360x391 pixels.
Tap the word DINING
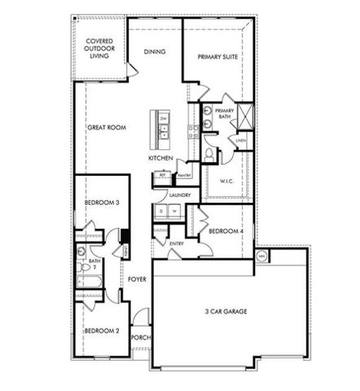point(155,51)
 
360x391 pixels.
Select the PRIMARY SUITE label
point(216,56)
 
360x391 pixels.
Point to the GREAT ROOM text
point(107,128)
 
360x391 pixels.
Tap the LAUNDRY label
point(179,195)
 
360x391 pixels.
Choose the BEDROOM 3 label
point(102,203)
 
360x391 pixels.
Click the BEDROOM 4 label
point(223,231)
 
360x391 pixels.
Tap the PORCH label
point(140,337)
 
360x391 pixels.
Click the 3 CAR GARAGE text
point(226,311)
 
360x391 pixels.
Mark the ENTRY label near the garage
point(177,244)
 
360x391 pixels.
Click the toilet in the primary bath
point(209,152)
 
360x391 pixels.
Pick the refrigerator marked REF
point(162,175)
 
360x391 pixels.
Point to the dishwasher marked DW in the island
point(164,118)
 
